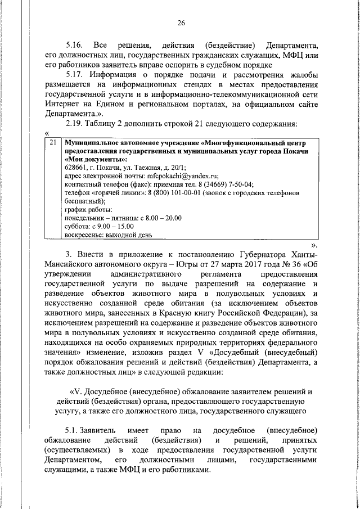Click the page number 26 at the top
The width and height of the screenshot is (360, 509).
[x=181, y=23]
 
